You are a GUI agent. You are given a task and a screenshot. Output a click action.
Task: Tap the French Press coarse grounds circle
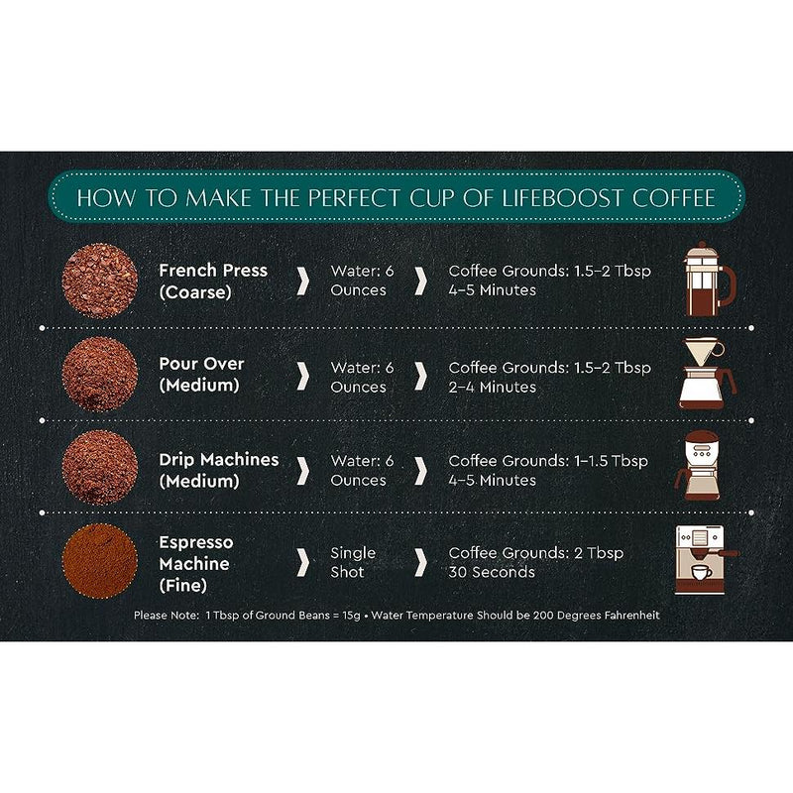100,282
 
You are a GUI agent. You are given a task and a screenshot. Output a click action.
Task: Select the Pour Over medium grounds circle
100,375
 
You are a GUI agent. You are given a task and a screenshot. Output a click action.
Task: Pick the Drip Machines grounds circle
100,467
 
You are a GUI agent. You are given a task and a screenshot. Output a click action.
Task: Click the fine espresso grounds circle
100,561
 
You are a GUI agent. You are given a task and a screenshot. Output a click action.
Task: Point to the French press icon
709,279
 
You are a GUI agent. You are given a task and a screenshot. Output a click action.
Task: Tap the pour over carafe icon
707,374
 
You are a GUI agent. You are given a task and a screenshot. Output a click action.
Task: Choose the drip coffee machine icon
698,466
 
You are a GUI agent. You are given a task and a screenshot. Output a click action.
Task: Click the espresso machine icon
705,559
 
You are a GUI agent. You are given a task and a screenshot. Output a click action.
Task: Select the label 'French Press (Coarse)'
213,282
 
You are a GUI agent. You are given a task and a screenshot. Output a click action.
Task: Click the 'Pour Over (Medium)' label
201,375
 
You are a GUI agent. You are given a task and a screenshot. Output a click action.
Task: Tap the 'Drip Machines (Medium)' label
218,470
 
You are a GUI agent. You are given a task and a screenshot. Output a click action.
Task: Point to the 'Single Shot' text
353,562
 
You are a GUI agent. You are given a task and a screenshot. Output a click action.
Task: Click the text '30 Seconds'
492,572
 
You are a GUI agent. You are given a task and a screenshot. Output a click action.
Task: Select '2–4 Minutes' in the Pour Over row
492,387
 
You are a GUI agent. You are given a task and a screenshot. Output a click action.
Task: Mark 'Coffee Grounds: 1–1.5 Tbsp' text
548,461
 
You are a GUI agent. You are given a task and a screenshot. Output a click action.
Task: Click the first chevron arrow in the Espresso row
303,561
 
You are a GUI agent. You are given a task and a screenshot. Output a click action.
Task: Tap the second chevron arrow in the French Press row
420,282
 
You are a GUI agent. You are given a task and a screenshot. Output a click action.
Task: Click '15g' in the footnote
351,616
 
